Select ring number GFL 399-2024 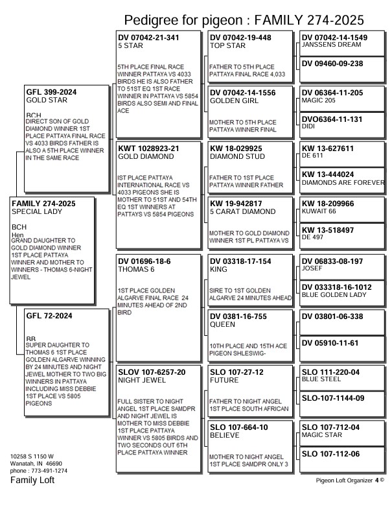[51, 92]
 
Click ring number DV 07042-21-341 [149, 38]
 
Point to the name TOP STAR [227, 46]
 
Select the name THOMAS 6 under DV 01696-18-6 [136, 269]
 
